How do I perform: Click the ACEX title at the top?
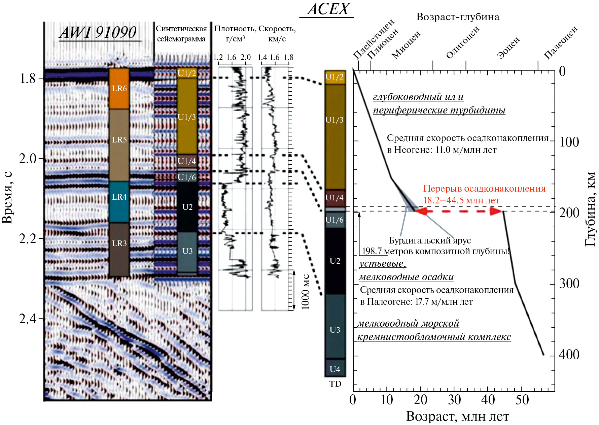pos(328,9)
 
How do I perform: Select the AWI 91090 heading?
pos(98,33)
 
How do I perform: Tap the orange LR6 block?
pos(119,89)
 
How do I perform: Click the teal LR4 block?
pos(119,202)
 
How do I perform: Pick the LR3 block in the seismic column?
pos(119,250)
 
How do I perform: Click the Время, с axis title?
pos(7,197)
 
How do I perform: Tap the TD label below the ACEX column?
pos(335,384)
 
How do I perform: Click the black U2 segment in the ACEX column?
pos(335,261)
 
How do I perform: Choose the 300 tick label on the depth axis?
pos(569,284)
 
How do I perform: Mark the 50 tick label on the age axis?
pos(522,400)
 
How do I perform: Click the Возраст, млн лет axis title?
pos(458,417)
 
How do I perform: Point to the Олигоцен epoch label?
pos(463,42)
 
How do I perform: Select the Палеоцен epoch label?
pos(561,42)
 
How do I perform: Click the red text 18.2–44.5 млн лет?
pos(461,200)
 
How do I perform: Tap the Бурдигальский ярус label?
pos(430,240)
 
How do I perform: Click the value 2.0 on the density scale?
pos(246,57)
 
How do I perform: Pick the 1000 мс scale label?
pos(305,291)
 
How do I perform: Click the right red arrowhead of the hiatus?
pos(497,211)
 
